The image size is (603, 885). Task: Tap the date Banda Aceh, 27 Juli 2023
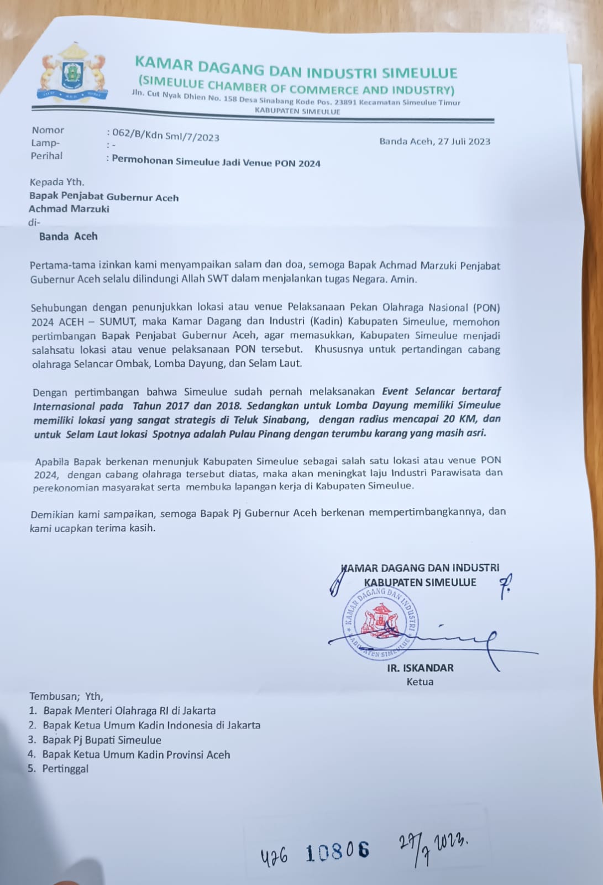pos(434,142)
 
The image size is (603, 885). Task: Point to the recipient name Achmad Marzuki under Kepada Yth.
pos(69,209)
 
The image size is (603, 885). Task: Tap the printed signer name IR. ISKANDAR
pos(420,668)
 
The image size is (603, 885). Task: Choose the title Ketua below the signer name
pos(420,682)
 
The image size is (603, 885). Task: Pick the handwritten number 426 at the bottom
pos(274,856)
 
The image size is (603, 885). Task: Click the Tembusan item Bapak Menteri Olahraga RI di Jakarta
pos(129,711)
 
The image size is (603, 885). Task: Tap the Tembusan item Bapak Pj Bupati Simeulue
pos(102,740)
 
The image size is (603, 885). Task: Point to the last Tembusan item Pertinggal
pos(65,769)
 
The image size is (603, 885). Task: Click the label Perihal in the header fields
pos(46,156)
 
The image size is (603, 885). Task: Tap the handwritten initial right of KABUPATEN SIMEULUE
pos(505,586)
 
